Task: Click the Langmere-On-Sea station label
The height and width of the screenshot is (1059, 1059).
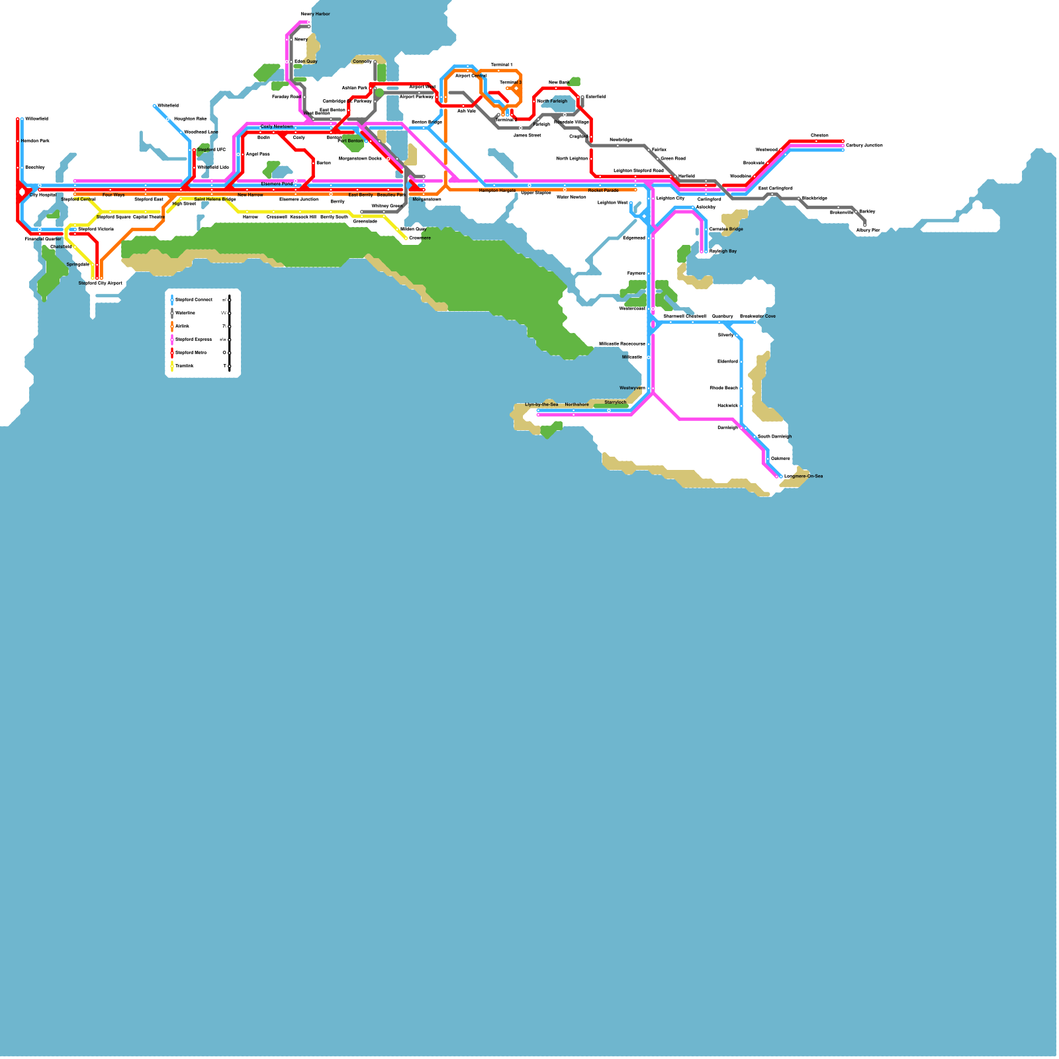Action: [x=804, y=476]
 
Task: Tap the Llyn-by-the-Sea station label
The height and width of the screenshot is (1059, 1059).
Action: [x=541, y=404]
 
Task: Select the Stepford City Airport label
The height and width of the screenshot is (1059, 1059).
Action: [x=101, y=283]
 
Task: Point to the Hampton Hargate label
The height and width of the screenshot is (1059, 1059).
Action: [x=497, y=191]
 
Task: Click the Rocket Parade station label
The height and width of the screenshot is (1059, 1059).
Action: [x=603, y=191]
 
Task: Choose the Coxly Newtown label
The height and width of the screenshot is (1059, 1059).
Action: [x=277, y=126]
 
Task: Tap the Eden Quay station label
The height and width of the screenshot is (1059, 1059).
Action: [x=306, y=62]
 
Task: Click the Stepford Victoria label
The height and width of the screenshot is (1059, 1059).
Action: [x=96, y=229]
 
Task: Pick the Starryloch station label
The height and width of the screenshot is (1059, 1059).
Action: [x=615, y=402]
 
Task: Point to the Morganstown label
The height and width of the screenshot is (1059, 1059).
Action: [x=426, y=199]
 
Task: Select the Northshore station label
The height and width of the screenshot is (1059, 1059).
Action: [x=576, y=404]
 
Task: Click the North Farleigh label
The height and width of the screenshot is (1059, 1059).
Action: [x=552, y=101]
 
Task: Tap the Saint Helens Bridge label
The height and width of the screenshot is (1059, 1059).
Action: [x=214, y=199]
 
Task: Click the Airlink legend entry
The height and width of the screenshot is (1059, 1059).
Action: [x=182, y=326]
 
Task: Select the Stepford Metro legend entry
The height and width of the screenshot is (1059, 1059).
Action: [x=191, y=353]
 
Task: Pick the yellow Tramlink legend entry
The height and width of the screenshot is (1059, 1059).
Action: [x=185, y=366]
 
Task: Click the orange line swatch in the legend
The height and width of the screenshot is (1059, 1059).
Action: [x=172, y=326]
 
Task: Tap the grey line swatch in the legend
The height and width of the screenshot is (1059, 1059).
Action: [x=172, y=313]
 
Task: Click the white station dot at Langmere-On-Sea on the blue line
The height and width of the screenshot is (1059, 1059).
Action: [x=781, y=477]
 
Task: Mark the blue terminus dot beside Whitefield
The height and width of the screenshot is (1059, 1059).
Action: [x=154, y=106]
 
